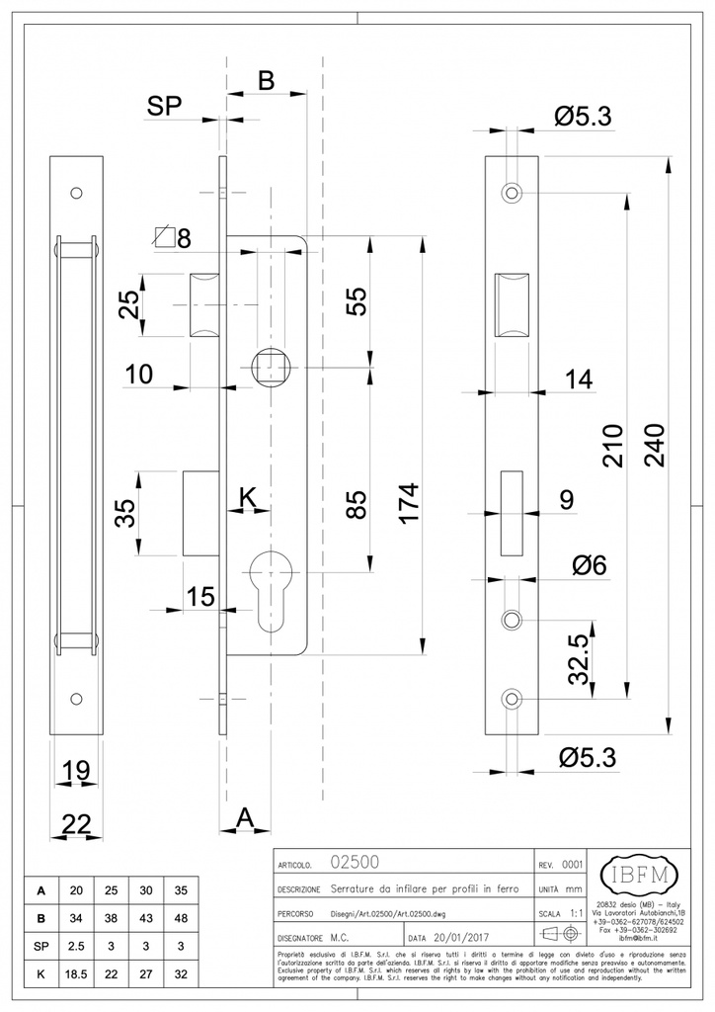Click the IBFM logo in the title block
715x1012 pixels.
640,876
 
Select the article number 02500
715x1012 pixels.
351,863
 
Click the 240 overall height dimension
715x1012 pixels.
654,449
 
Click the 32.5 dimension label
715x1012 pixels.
580,659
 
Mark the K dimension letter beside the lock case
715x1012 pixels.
251,497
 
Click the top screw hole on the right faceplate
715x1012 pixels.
511,192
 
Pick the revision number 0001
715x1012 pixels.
572,864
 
